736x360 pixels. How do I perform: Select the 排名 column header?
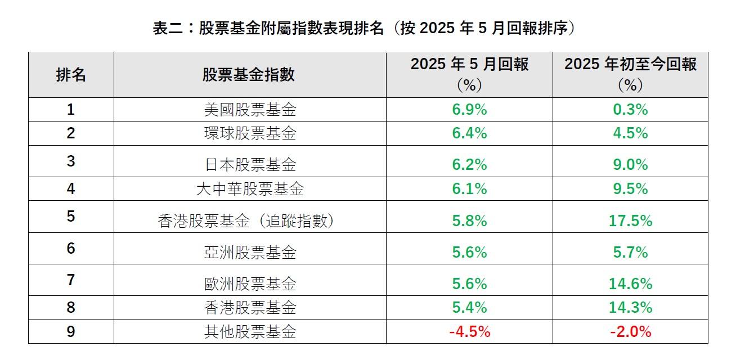click(x=71, y=74)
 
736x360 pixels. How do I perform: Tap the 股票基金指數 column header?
click(x=249, y=74)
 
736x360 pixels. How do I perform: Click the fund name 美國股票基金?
click(x=249, y=110)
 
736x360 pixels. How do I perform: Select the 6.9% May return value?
click(x=469, y=110)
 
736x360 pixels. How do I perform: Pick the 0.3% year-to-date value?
click(x=630, y=110)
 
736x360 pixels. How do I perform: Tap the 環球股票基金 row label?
click(x=249, y=134)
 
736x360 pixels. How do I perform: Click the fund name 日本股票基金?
click(x=249, y=165)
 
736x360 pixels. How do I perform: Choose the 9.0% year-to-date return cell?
click(x=630, y=165)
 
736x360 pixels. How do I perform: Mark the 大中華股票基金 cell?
click(x=249, y=190)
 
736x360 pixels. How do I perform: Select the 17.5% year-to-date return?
click(x=630, y=221)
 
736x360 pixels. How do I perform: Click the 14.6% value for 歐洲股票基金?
click(x=630, y=284)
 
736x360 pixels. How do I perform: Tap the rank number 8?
click(x=71, y=308)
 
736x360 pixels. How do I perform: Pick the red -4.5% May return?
click(x=469, y=332)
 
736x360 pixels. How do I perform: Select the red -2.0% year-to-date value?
click(x=630, y=332)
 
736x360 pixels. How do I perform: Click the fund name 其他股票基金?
click(x=249, y=332)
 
